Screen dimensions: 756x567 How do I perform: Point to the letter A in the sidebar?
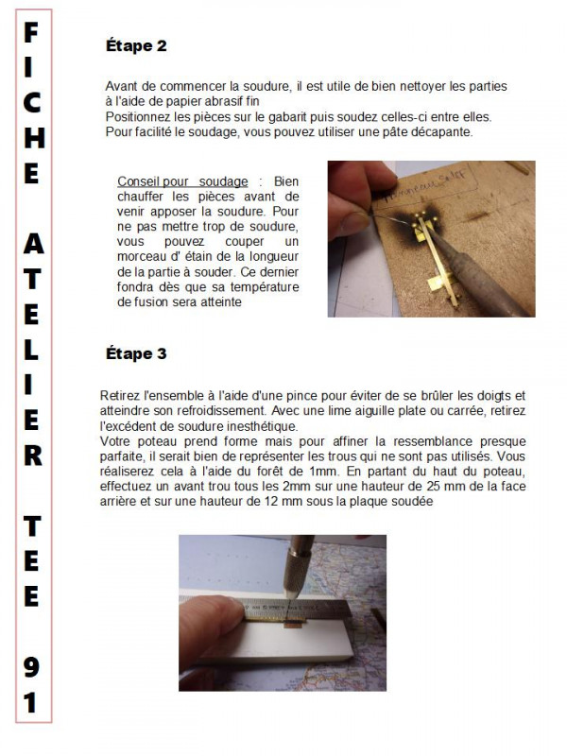coord(31,244)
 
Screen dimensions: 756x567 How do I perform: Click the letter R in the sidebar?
coord(31,455)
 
